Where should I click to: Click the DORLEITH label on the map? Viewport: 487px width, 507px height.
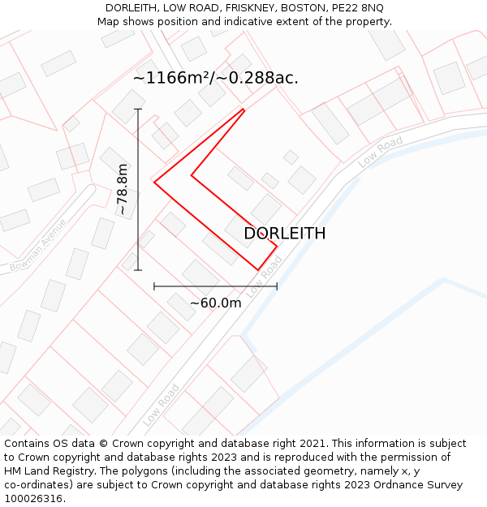(x=285, y=234)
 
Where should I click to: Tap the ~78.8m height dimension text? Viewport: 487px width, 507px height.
(x=123, y=190)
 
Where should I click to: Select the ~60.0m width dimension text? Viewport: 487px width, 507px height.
(x=216, y=303)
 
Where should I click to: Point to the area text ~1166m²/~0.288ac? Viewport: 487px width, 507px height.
(x=216, y=78)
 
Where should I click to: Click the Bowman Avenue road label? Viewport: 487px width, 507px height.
(x=38, y=244)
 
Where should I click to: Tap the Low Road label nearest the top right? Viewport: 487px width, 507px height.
(x=381, y=152)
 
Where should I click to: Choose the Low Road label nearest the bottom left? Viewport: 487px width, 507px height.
(x=162, y=405)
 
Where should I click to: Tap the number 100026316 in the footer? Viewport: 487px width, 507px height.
(x=33, y=498)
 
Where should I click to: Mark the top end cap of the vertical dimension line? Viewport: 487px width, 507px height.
(x=138, y=110)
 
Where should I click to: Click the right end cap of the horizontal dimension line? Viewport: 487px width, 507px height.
(x=277, y=286)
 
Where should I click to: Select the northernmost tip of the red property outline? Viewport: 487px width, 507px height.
(x=243, y=109)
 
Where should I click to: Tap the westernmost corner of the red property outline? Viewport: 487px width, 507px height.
(x=154, y=182)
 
